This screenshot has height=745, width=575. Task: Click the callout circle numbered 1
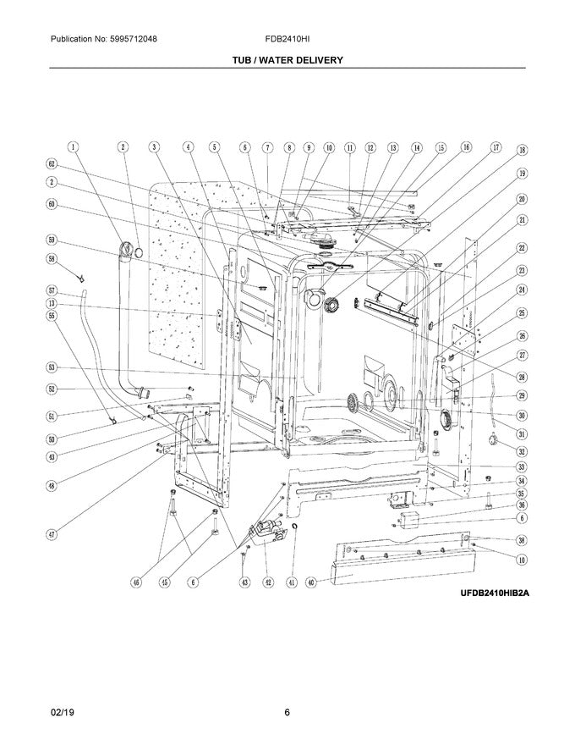[74, 146]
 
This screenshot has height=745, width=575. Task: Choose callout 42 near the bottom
[267, 582]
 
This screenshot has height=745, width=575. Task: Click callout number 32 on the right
[522, 452]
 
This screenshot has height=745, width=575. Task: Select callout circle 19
[522, 174]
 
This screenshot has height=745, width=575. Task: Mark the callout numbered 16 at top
[466, 146]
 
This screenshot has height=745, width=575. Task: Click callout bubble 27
[522, 356]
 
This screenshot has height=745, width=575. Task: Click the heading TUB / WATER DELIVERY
[287, 60]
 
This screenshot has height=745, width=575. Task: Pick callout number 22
[522, 247]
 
